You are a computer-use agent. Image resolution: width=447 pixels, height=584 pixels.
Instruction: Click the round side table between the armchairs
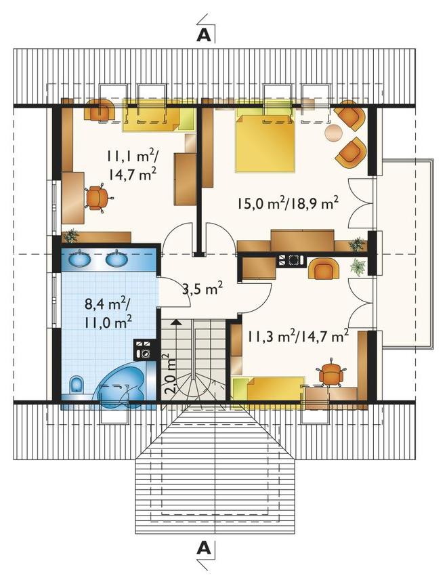[x=334, y=132]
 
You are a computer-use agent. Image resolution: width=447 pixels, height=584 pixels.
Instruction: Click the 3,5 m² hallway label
[x=203, y=289]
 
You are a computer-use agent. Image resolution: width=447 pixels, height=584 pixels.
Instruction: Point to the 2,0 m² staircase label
[x=170, y=373]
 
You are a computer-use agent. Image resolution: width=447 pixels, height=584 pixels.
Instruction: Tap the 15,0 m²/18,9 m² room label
[x=287, y=204]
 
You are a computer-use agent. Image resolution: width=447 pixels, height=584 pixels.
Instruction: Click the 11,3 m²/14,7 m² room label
[x=298, y=337]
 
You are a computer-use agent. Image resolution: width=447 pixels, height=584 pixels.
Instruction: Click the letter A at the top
[x=204, y=35]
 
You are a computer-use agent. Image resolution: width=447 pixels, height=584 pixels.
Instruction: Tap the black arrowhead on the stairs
[x=177, y=322]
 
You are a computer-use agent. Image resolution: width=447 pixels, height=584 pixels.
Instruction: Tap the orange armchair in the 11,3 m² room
[x=324, y=269]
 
